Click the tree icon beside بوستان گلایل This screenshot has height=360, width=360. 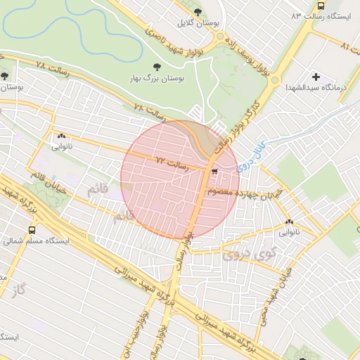click(198, 12)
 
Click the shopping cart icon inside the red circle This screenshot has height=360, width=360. click(214, 169)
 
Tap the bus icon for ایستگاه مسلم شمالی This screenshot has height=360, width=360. click(32, 229)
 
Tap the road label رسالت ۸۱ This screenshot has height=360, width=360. click(349, 46)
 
